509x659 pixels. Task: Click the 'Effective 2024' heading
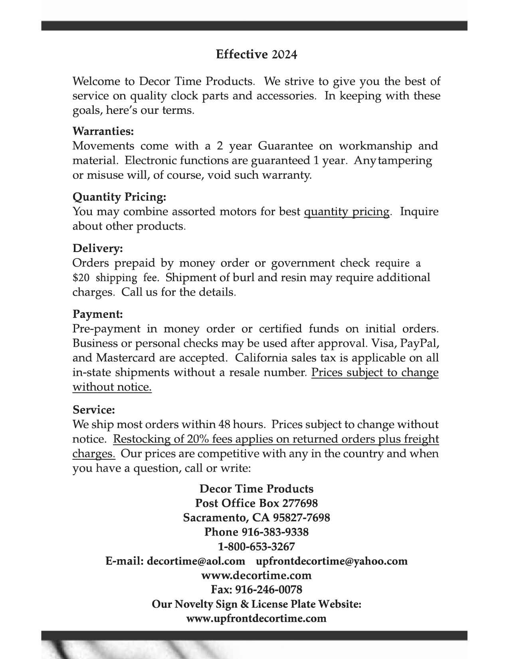pyautogui.click(x=256, y=54)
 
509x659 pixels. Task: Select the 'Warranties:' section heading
pyautogui.click(x=103, y=131)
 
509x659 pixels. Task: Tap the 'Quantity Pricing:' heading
pyautogui.click(x=119, y=197)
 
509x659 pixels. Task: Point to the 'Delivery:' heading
pyautogui.click(x=98, y=248)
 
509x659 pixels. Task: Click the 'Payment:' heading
pyautogui.click(x=98, y=314)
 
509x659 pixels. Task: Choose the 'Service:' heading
pyautogui.click(x=94, y=410)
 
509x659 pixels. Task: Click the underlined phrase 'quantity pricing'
pyautogui.click(x=347, y=212)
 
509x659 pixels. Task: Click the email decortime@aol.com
pyautogui.click(x=196, y=561)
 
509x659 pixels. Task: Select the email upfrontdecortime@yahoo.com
pyautogui.click(x=331, y=561)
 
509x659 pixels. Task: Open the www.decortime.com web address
pyautogui.click(x=256, y=576)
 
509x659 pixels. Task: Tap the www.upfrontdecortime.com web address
pyautogui.click(x=256, y=619)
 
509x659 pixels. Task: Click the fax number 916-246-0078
pyautogui.click(x=268, y=590)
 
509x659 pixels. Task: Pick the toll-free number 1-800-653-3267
pyautogui.click(x=256, y=546)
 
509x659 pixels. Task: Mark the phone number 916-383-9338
pyautogui.click(x=275, y=532)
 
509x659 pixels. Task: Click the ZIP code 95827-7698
pyautogui.click(x=301, y=518)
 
